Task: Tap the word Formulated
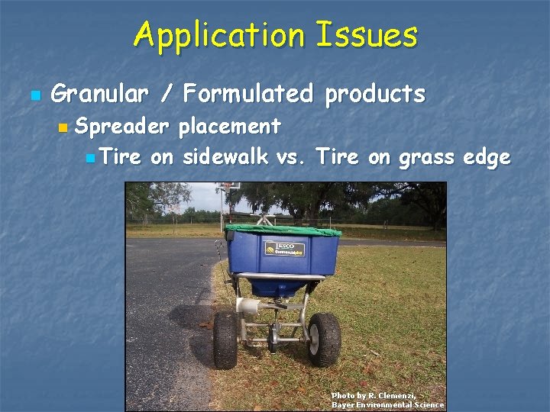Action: pos(248,94)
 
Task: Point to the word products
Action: pos(374,94)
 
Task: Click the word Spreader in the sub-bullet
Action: pos(123,125)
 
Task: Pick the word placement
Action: pos(229,125)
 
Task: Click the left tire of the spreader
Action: pos(226,340)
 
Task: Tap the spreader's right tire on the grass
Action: pos(325,339)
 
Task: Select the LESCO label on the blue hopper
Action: pos(285,248)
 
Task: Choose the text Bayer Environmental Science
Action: pos(387,404)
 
